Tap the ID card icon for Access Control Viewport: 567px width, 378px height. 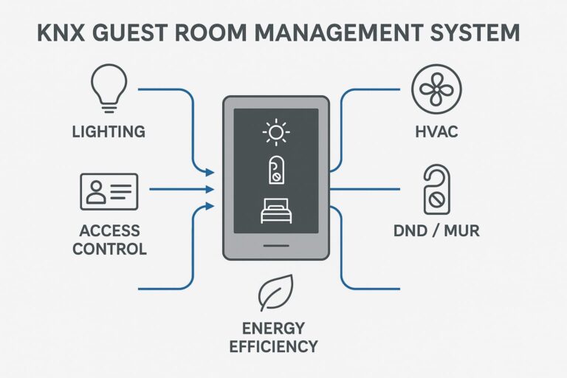[109, 191]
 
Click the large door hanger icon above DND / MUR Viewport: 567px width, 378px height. [436, 189]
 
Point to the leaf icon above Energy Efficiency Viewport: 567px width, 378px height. [275, 294]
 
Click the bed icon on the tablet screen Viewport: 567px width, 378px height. [275, 212]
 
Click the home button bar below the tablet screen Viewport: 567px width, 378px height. [275, 244]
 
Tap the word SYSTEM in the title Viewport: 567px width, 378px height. [478, 34]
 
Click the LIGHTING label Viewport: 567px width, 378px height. [109, 133]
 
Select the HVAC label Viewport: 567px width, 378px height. [436, 133]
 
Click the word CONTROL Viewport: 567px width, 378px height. [109, 248]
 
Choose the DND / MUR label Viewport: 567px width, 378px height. [436, 231]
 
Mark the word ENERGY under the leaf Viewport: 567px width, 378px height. [274, 327]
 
